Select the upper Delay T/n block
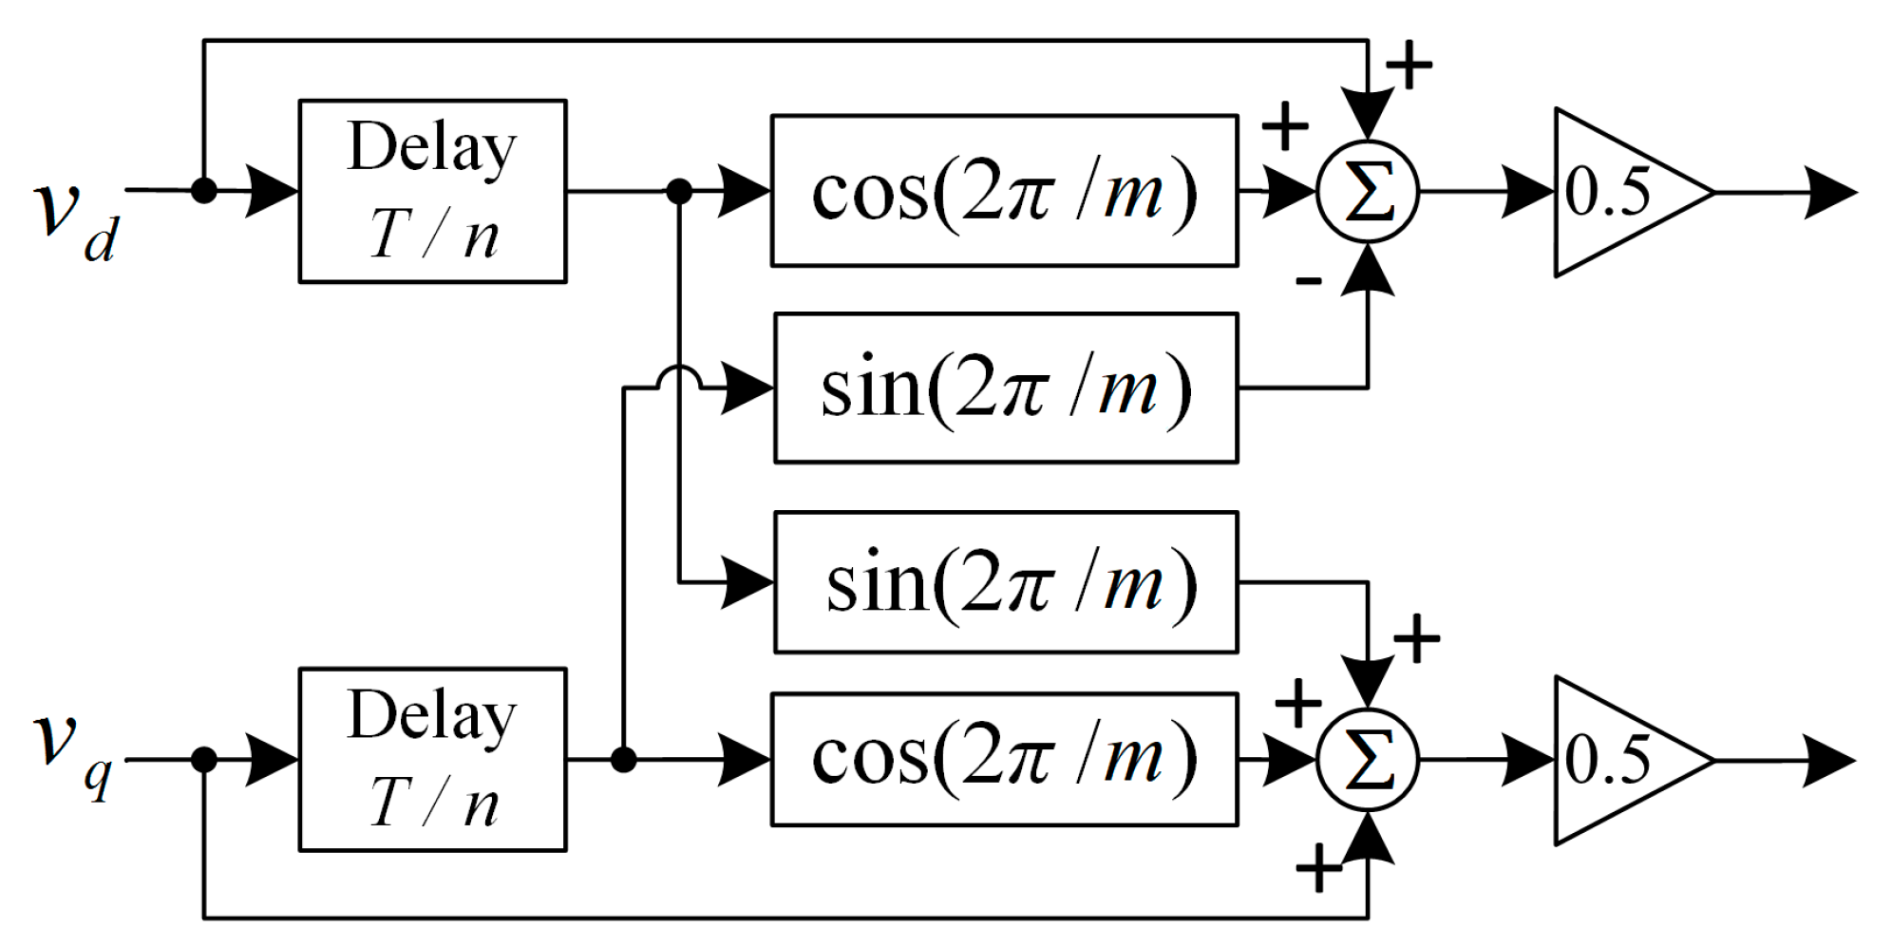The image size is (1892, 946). point(432,191)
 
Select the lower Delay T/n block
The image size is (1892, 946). point(432,759)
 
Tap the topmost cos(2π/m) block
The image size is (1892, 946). point(1004,191)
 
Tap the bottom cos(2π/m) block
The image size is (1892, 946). point(1004,759)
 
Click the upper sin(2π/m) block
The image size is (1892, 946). point(1006,388)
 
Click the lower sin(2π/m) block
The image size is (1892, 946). point(1006,582)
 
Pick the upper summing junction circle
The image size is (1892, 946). point(1367,192)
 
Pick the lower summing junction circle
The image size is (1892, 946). point(1367,760)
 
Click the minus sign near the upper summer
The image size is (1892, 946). point(1308,279)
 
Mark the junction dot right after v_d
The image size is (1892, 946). point(203,190)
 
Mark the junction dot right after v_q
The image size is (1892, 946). point(203,759)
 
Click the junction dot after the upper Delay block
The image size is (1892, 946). point(679,192)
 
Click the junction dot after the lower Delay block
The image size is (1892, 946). point(623,759)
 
